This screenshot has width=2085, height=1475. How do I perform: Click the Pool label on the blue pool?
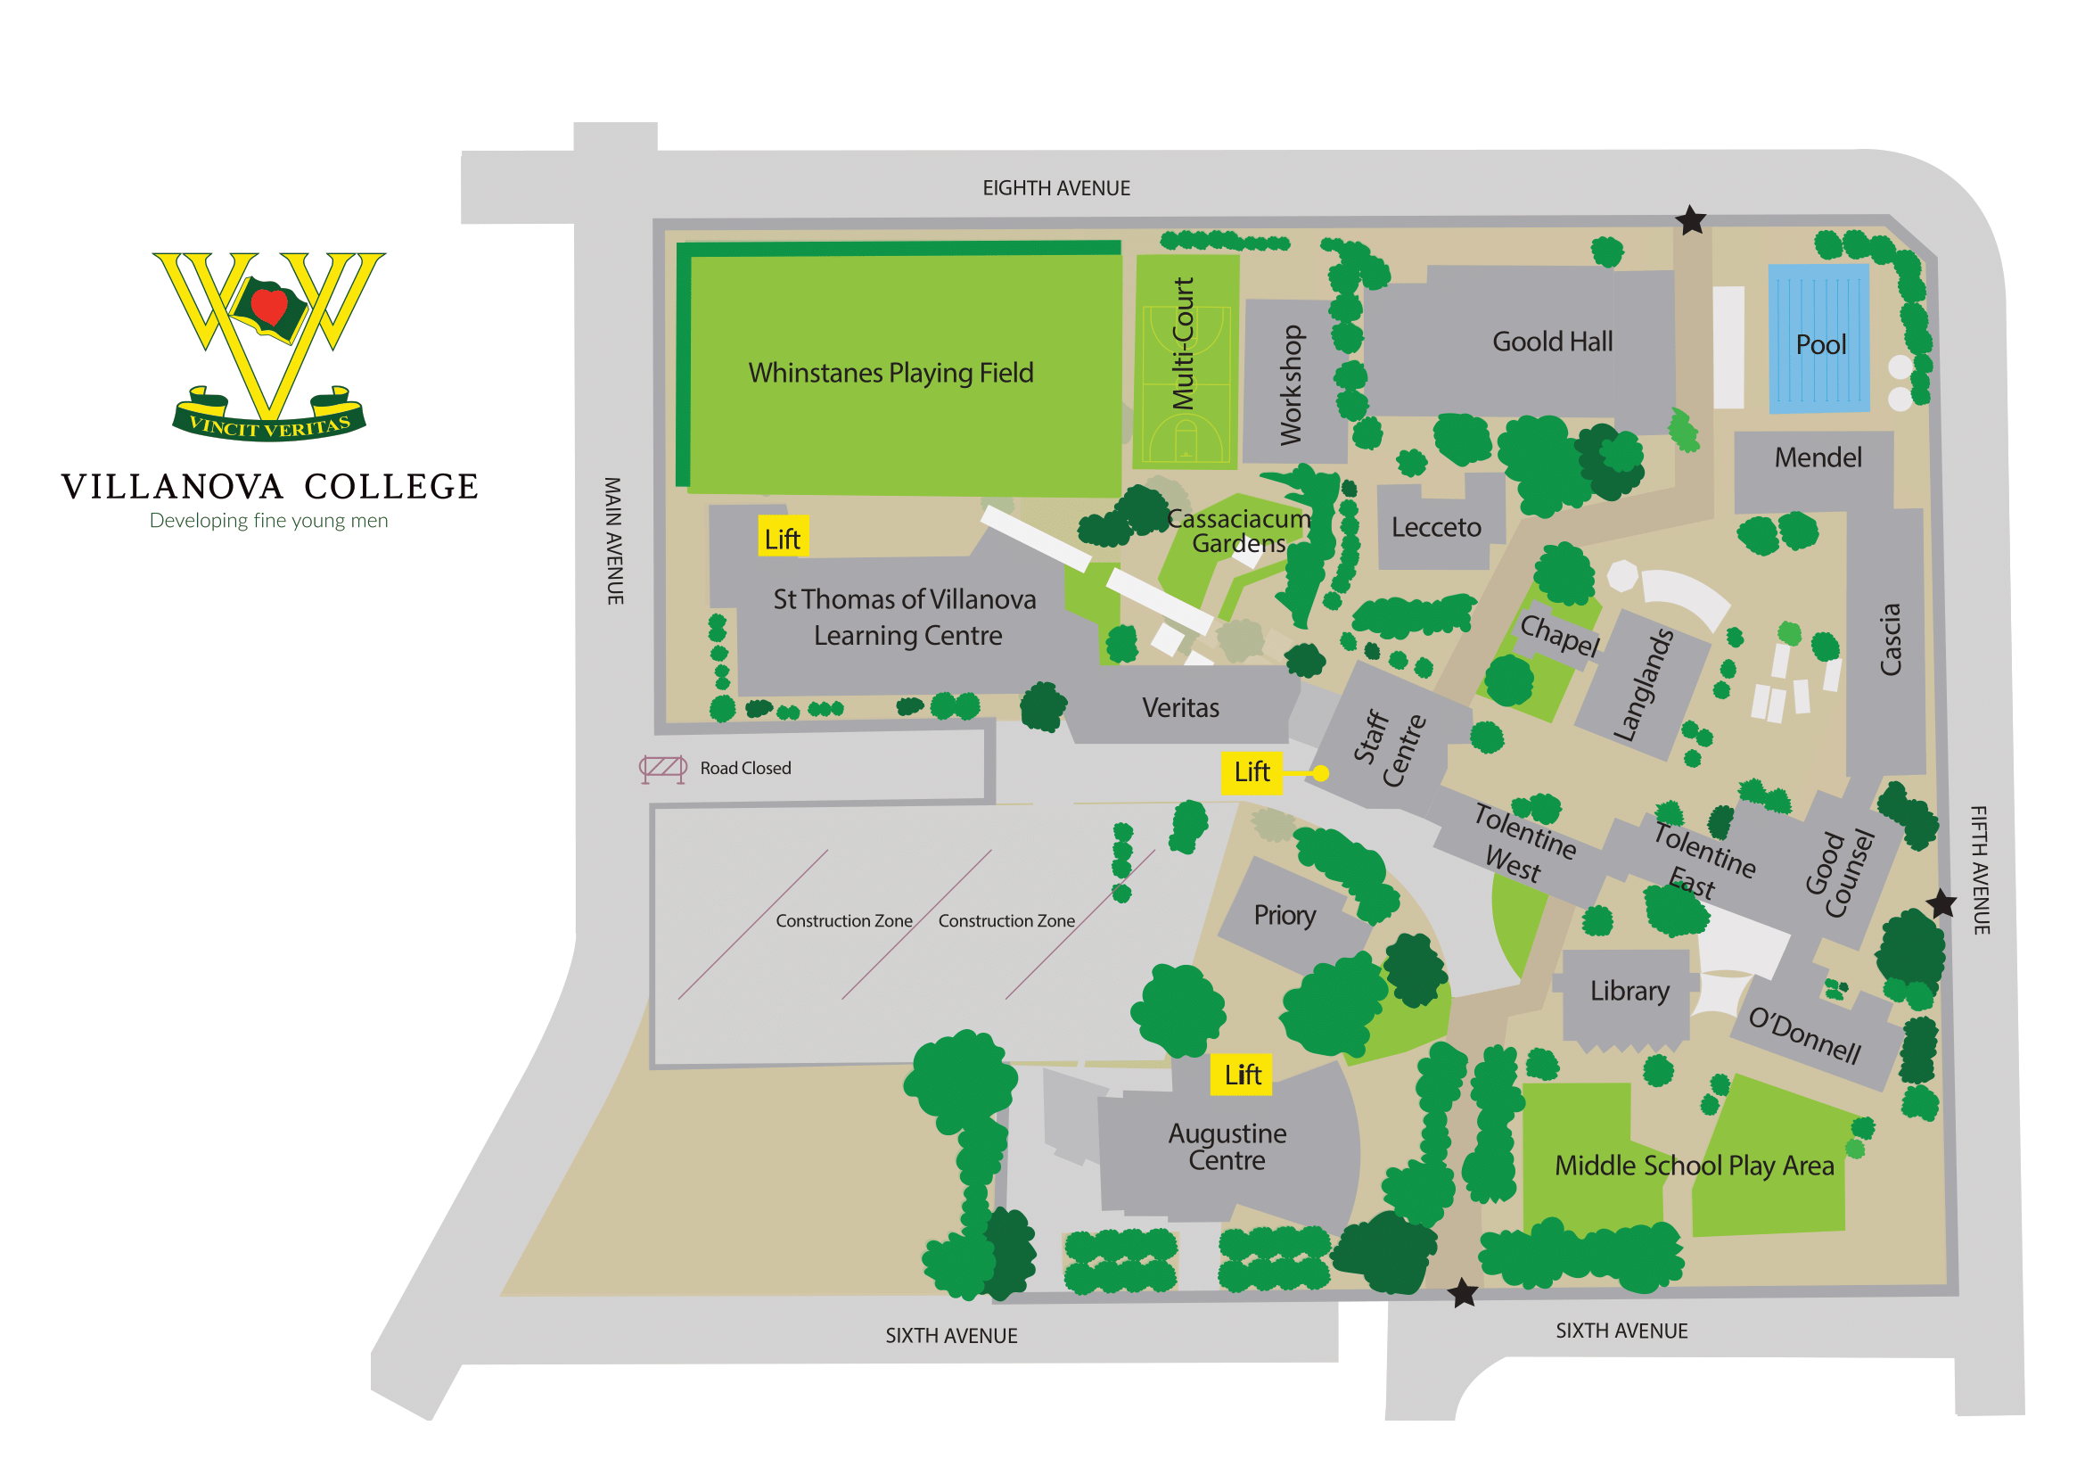click(1820, 345)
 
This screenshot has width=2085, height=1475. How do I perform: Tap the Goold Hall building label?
click(1552, 342)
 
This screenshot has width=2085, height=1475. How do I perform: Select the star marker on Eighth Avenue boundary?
click(1690, 220)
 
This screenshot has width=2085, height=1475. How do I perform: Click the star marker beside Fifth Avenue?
click(1941, 904)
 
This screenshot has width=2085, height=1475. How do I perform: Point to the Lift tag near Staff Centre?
click(1252, 773)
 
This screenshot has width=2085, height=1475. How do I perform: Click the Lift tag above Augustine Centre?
click(1242, 1075)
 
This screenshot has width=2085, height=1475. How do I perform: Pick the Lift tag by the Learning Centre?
click(782, 540)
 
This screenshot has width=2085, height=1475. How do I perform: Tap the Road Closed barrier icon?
click(663, 770)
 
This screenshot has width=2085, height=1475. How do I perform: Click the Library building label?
click(1629, 991)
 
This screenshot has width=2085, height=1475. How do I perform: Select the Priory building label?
click(1284, 916)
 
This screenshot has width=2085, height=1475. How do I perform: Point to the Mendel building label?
click(1817, 457)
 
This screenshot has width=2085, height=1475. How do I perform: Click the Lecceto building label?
click(1436, 528)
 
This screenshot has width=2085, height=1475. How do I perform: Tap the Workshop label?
click(1291, 385)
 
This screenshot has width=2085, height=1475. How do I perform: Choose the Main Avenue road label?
click(615, 541)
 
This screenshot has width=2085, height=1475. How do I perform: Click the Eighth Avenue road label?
click(1056, 189)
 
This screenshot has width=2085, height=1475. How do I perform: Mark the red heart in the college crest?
click(269, 305)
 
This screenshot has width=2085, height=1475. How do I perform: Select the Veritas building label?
click(1179, 708)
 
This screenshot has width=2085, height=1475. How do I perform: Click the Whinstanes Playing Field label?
click(890, 374)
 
